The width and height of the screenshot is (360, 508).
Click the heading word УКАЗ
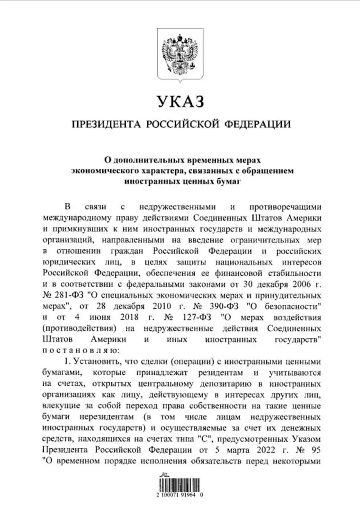pos(180,100)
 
